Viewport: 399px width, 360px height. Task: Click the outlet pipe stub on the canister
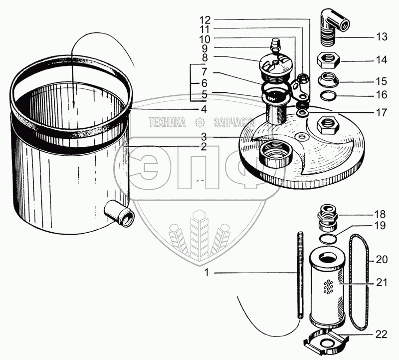120,215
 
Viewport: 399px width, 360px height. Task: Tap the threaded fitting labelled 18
327,218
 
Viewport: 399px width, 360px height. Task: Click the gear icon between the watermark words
199,122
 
